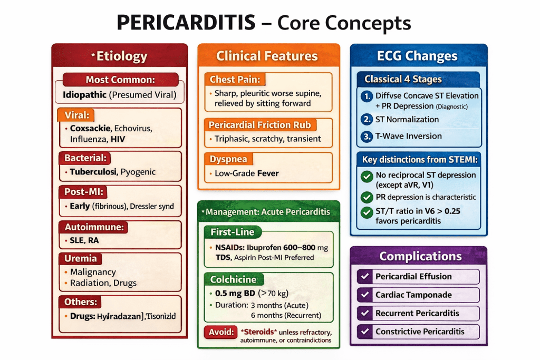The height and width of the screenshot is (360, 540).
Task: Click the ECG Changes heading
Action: [x=417, y=56]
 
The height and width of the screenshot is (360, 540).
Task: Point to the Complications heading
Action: [x=420, y=257]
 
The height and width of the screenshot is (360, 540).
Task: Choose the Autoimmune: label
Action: [x=92, y=227]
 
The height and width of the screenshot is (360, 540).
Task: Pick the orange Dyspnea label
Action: [x=228, y=159]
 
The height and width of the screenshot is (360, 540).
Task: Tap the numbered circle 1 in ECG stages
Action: [x=366, y=96]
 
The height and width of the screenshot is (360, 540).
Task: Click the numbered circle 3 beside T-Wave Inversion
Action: [x=366, y=137]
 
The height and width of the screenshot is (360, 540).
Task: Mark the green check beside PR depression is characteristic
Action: [x=366, y=197]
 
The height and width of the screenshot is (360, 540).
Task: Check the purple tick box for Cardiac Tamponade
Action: [x=364, y=295]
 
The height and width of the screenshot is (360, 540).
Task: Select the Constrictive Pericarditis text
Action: [x=420, y=332]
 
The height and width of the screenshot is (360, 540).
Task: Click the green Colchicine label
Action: [x=233, y=279]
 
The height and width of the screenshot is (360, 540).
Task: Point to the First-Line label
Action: [x=232, y=232]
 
